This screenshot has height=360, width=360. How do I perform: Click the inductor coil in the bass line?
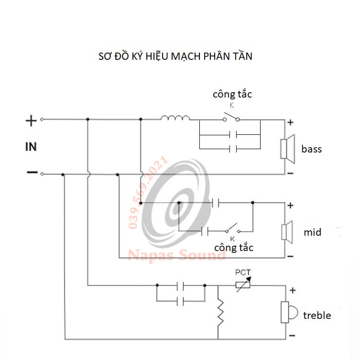(175, 118)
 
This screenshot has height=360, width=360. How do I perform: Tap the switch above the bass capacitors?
(231, 117)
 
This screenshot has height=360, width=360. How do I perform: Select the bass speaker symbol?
(288, 149)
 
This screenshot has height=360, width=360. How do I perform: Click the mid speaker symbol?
(287, 232)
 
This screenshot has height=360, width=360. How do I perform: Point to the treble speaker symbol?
(289, 312)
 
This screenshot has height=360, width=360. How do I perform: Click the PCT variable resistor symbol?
(243, 284)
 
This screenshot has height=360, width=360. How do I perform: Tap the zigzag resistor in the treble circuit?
(220, 312)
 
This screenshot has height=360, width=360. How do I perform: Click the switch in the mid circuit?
(233, 229)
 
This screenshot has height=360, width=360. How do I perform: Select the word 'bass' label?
(311, 149)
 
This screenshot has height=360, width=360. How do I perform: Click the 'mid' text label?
(312, 232)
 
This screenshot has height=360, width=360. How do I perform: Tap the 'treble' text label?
(317, 315)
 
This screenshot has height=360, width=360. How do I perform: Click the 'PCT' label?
(243, 273)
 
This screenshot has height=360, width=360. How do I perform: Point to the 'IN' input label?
(31, 147)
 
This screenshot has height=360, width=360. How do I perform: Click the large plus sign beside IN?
(31, 121)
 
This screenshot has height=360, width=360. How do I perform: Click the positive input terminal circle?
(42, 120)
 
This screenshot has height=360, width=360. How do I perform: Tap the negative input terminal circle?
(42, 174)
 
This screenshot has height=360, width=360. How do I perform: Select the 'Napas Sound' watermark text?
(176, 255)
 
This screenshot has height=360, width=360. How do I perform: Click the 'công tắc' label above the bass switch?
(232, 94)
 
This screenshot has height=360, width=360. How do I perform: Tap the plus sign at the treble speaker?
(293, 290)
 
